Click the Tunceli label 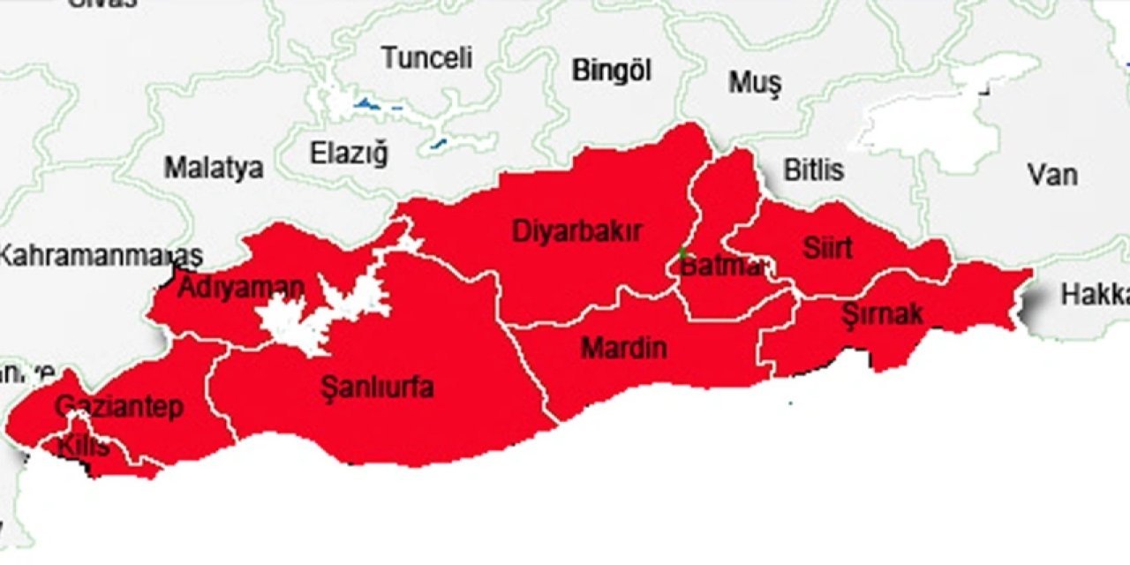point(427,59)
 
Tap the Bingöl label point(611,71)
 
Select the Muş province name point(755,83)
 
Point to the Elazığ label point(349,154)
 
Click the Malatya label point(214,168)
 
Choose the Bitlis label point(814,169)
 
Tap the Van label point(1052,174)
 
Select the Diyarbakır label point(577,232)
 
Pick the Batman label point(720,266)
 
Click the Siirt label point(827,248)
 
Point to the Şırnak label point(882,313)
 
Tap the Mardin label point(624,348)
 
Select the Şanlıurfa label point(377,387)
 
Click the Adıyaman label point(241,288)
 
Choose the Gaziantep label point(119,407)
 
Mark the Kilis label point(83,447)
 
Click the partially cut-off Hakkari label point(1095,295)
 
